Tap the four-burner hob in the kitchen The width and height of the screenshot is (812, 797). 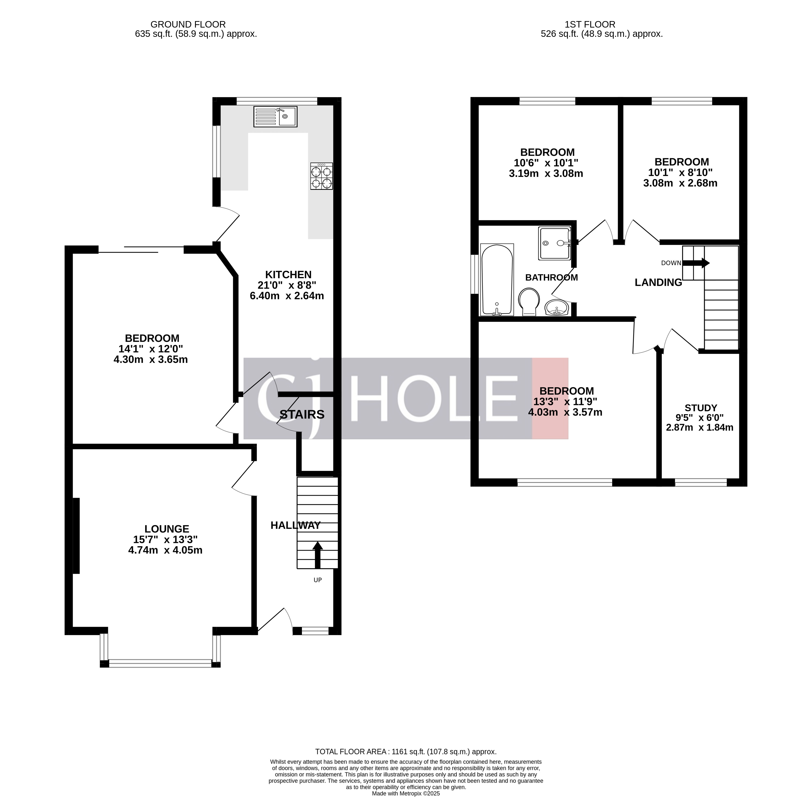[x=321, y=176]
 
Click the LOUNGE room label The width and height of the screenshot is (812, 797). [x=167, y=529]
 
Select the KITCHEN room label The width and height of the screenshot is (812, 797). [x=288, y=275]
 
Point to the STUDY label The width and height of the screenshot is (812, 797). [x=701, y=408]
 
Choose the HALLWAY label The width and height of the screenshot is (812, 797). [x=295, y=525]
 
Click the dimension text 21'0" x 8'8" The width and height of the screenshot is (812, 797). [x=287, y=285]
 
